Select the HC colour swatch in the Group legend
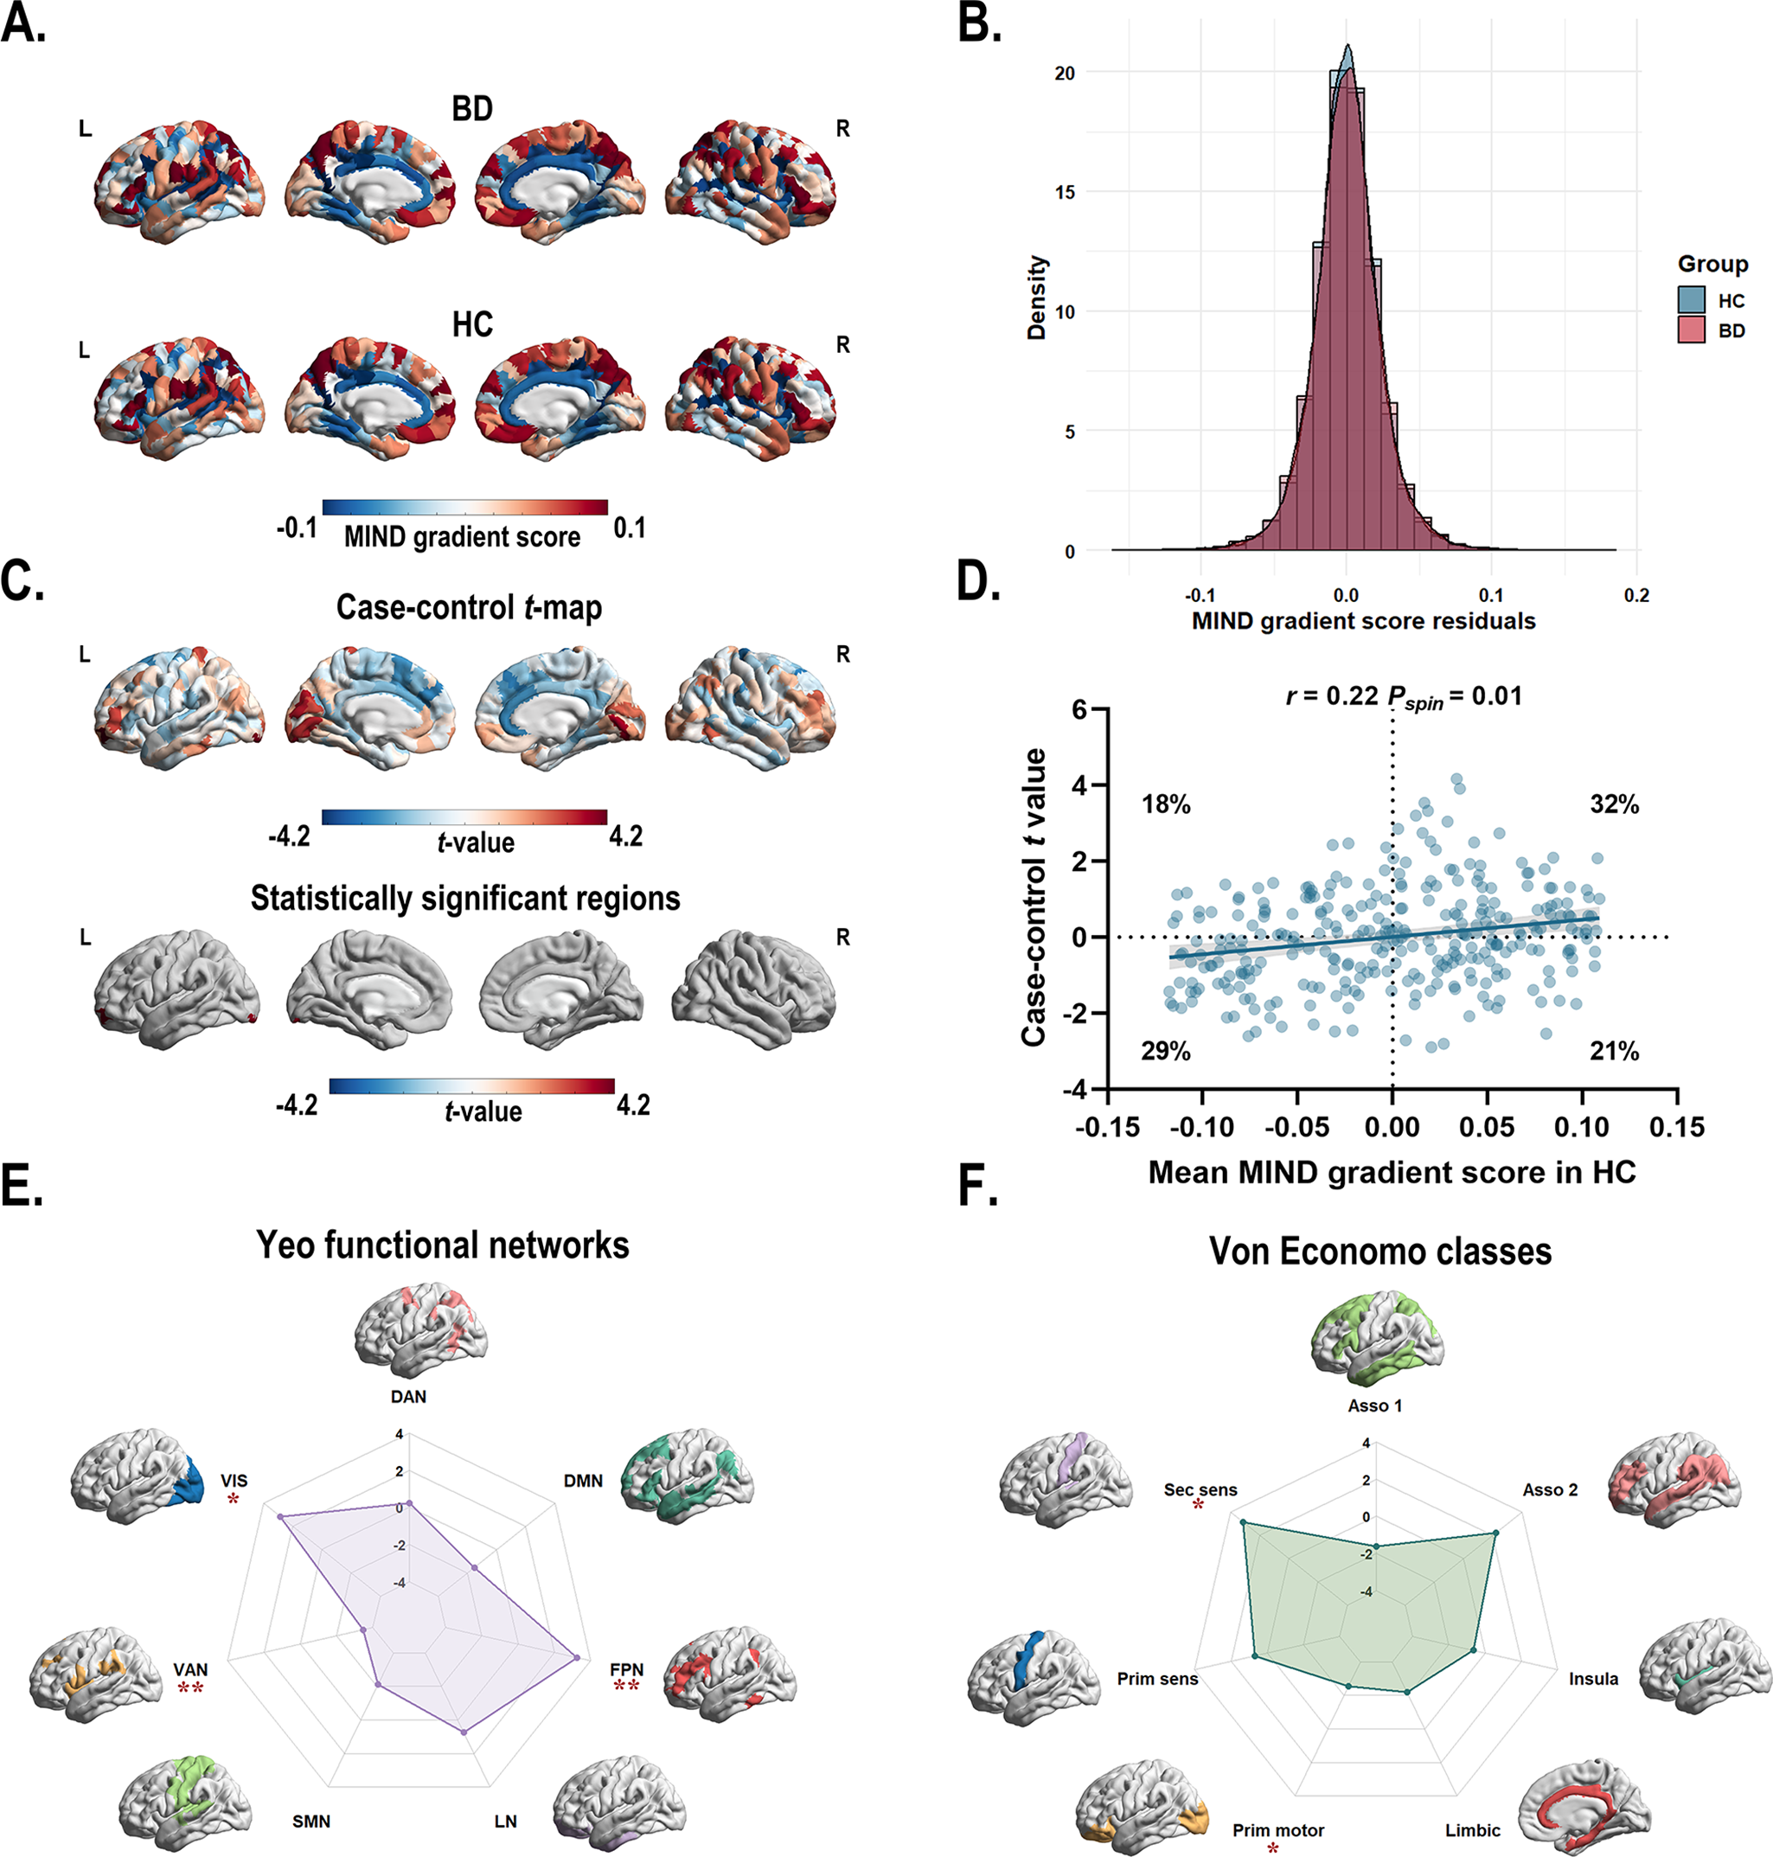[1692, 299]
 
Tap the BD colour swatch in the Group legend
[1692, 330]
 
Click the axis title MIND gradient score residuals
[1363, 621]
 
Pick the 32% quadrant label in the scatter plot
[1614, 804]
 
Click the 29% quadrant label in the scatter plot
[1165, 1051]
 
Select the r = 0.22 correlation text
[1332, 696]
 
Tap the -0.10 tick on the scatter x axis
[1202, 1127]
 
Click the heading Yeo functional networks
[442, 1245]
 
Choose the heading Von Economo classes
[1381, 1252]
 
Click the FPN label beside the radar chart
[626, 1670]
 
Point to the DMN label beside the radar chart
[583, 1481]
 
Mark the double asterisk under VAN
[190, 1687]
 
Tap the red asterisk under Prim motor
[1272, 1847]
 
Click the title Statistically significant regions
[465, 898]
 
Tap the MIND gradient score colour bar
[465, 507]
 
